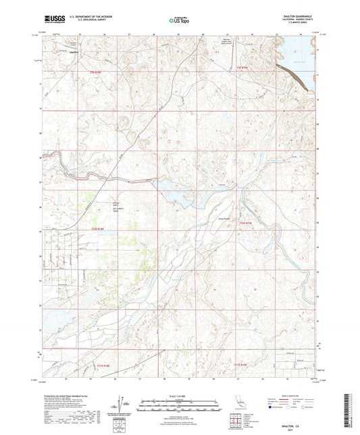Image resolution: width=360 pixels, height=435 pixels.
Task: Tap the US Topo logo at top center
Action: tap(179, 20)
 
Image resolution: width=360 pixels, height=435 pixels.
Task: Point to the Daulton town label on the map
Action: tap(75, 51)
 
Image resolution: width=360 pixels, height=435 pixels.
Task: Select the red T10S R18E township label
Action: tap(99, 229)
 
